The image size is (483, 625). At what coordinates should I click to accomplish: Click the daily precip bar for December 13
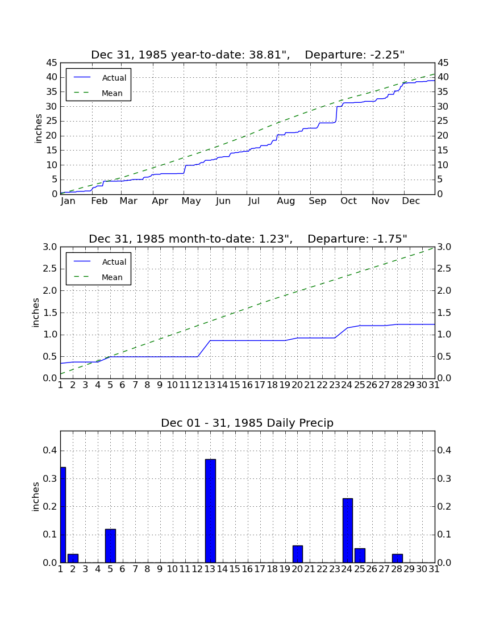tap(210, 511)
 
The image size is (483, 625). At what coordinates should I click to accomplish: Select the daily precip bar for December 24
tap(348, 530)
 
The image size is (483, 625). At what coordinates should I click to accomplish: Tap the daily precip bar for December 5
tap(110, 545)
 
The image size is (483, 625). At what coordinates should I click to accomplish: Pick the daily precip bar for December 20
tap(298, 554)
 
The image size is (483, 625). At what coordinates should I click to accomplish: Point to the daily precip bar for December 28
tap(397, 558)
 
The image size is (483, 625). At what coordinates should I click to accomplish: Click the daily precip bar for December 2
tap(73, 558)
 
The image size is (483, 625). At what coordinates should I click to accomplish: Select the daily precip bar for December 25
tap(360, 555)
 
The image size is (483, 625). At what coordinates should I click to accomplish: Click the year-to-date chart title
tap(248, 55)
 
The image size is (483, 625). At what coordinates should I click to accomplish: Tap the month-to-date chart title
tap(248, 239)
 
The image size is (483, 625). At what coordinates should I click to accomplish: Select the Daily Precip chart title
tap(247, 423)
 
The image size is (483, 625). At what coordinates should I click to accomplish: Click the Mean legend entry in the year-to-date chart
tap(98, 93)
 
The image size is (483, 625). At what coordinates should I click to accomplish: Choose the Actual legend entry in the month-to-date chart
tap(99, 262)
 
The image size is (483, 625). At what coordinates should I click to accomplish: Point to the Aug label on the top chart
tap(286, 201)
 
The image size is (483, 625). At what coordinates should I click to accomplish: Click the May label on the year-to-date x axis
tap(191, 201)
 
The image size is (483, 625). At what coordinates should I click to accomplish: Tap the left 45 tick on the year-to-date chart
tap(52, 63)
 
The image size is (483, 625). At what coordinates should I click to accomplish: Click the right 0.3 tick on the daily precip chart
tap(444, 478)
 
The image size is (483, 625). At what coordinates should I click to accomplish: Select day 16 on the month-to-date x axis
tap(247, 385)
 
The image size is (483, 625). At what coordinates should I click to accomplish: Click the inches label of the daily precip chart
tap(36, 497)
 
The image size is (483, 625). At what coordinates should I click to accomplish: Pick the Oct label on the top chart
tap(348, 201)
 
